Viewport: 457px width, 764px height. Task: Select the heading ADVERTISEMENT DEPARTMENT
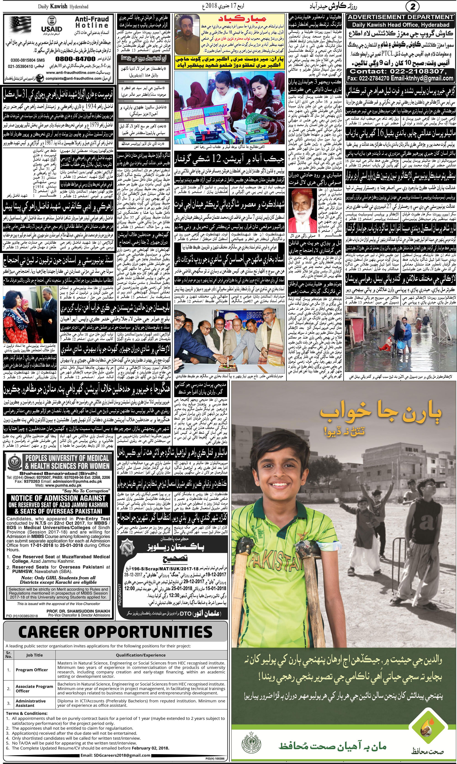(x=400, y=17)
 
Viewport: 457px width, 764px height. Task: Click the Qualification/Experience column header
(x=141, y=655)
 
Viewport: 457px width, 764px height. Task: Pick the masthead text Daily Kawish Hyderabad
(x=63, y=6)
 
